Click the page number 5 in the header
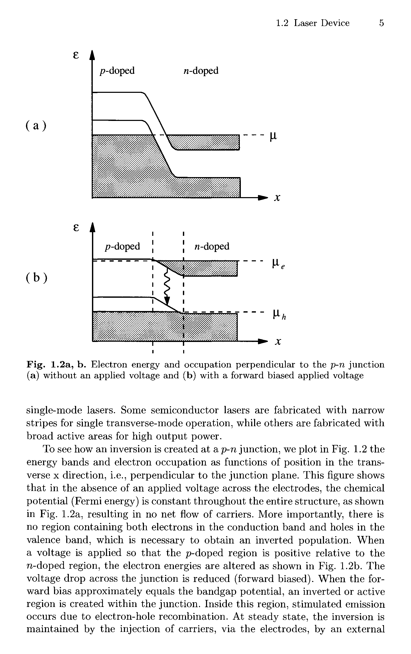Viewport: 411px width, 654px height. tap(381, 23)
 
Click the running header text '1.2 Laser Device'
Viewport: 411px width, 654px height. tap(313, 23)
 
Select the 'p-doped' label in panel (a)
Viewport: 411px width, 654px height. tap(117, 71)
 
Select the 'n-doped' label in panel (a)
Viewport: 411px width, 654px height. tap(201, 71)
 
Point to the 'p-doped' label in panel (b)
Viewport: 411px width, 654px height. tap(122, 246)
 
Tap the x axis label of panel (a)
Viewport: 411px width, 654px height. tap(277, 198)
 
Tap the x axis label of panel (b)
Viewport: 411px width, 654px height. tap(277, 341)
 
